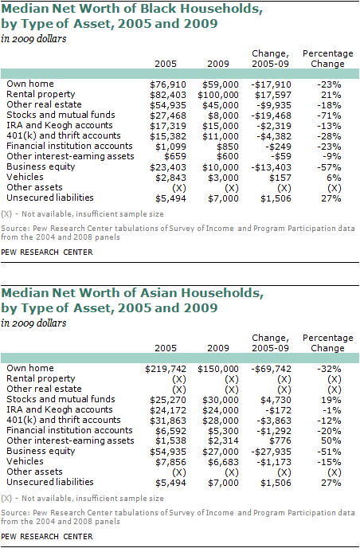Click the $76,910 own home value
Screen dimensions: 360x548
(x=168, y=84)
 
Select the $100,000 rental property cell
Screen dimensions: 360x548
(x=218, y=95)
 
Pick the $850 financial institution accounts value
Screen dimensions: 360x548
(x=228, y=147)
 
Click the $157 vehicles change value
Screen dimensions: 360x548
(x=280, y=178)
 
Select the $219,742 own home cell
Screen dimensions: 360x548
(x=166, y=369)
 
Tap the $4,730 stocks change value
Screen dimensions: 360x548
(x=276, y=400)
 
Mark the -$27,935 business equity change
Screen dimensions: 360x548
(x=272, y=452)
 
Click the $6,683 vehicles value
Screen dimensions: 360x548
(x=223, y=462)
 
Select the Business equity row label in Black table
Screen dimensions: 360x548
(x=41, y=167)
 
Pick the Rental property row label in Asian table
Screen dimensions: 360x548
(x=41, y=378)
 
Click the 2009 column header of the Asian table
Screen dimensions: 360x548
(x=218, y=348)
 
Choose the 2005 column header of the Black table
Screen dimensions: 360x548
(x=166, y=64)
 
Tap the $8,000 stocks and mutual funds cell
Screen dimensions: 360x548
(x=221, y=115)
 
